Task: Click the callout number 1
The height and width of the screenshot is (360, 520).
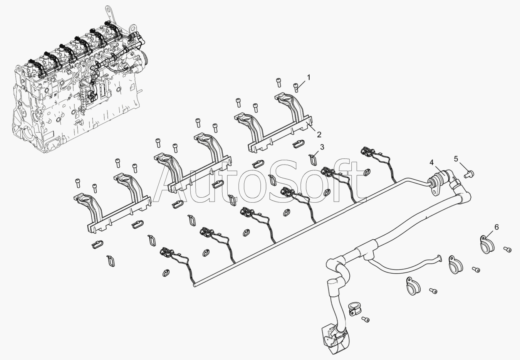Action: point(308,77)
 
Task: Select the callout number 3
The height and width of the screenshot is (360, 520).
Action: point(322,147)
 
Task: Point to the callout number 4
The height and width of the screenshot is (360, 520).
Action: point(432,162)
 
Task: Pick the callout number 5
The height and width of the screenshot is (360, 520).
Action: point(456,158)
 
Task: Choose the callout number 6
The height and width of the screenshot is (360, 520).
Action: point(497,227)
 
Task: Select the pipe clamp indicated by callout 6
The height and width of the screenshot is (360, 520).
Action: point(486,244)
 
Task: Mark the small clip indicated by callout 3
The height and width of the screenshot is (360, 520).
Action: point(313,158)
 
